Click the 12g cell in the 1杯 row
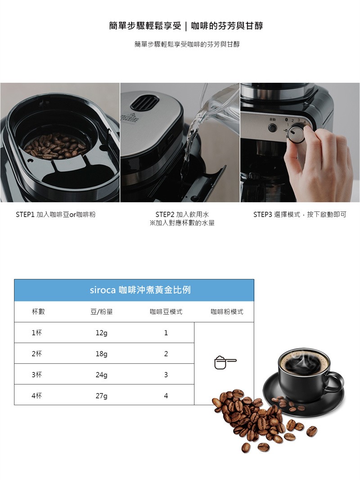click(101, 333)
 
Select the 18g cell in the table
click(101, 354)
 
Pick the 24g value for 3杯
click(101, 375)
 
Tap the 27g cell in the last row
click(101, 396)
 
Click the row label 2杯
click(37, 354)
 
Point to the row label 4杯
click(37, 396)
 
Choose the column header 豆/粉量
click(102, 312)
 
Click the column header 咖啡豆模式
click(166, 312)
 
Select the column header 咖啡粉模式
click(227, 312)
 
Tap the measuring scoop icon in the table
click(225, 362)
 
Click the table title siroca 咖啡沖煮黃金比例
click(140, 290)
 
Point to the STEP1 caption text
click(55, 215)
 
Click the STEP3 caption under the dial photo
click(300, 215)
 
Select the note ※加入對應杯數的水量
click(182, 223)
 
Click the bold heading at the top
click(186, 26)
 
